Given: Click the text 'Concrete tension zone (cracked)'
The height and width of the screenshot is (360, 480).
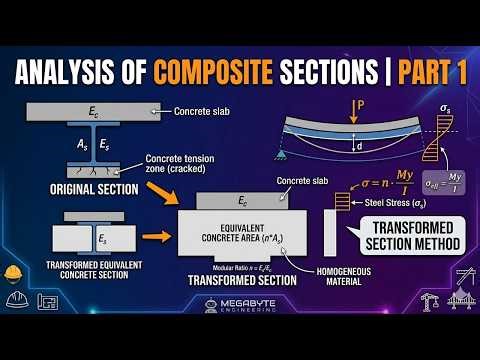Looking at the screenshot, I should pos(180,165).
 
